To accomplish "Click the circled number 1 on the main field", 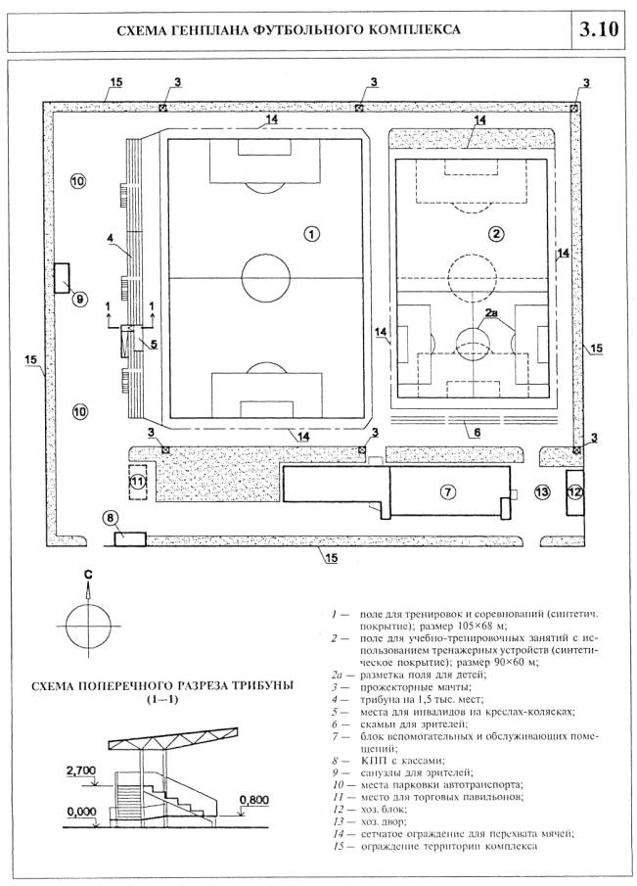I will point(310,234).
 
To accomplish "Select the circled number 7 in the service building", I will point(445,491).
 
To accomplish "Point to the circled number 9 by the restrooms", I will point(80,298).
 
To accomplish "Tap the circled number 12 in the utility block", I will point(574,490).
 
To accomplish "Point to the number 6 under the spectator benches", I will point(477,432).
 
